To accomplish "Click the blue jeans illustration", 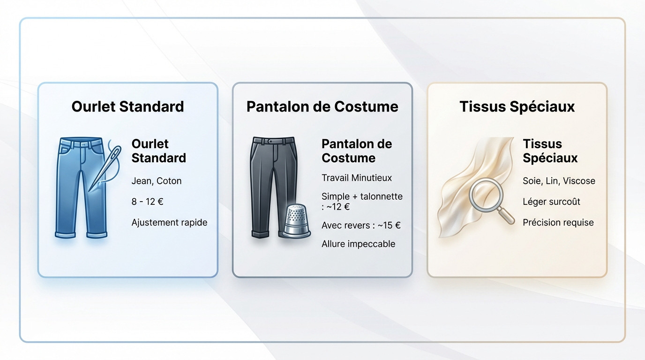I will [75, 187].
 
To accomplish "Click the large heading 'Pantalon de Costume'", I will [322, 106].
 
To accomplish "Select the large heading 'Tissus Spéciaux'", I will [517, 106].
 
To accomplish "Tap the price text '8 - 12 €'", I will [147, 202].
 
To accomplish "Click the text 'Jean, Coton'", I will [157, 181].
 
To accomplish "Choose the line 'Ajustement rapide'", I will [169, 222].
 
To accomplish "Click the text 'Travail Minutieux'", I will [357, 178].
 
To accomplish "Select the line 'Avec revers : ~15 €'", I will [361, 225].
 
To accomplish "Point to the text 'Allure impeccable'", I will [358, 244].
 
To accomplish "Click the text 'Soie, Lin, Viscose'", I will [559, 181].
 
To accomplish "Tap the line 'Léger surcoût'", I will [551, 202].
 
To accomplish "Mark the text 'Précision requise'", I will [558, 222].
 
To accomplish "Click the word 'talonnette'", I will [382, 196].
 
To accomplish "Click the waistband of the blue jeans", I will [81, 141].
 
